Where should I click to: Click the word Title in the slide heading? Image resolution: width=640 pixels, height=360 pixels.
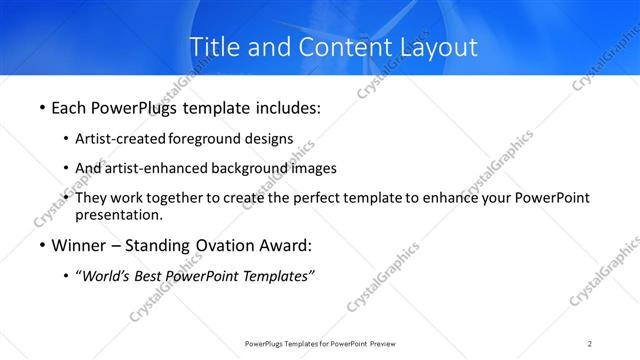pos(214,47)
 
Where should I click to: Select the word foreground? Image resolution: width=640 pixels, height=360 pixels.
pos(206,138)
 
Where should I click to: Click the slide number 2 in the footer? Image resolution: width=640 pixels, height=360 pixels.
pos(590,344)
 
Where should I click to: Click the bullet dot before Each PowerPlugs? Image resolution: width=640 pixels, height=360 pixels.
pos(41,106)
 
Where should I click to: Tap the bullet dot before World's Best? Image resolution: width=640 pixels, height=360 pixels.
pos(65,277)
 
